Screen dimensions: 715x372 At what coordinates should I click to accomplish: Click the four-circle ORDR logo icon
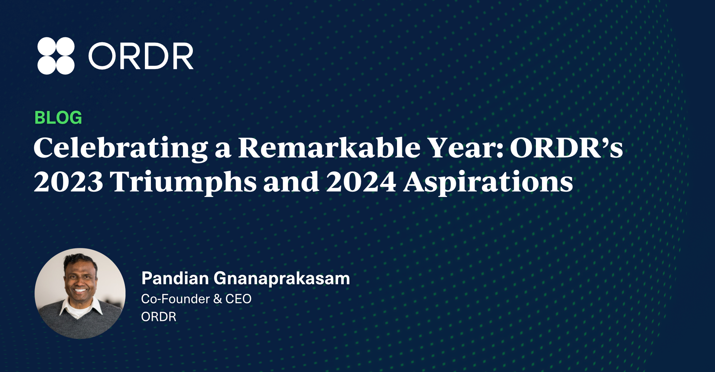coord(56,56)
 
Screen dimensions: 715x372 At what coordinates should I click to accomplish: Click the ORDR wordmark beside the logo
coord(141,56)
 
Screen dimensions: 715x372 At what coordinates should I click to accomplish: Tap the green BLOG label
coord(58,118)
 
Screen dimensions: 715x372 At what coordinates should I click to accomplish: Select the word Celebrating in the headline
coord(121,148)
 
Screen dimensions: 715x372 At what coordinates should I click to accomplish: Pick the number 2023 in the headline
coord(69,182)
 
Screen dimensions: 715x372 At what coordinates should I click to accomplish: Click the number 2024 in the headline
coord(361,182)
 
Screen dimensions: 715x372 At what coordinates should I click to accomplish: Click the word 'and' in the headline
coord(292,181)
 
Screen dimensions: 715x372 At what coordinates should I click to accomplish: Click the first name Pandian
coord(175,278)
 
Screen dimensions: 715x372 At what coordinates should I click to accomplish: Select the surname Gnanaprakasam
coord(282,279)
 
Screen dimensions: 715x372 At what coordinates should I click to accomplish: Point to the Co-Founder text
coord(176,299)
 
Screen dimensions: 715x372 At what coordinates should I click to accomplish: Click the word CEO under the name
coord(238,299)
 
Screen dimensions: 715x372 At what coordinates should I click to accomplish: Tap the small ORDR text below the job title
coord(159,317)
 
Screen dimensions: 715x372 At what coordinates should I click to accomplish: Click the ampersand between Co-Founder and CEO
coord(218,299)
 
